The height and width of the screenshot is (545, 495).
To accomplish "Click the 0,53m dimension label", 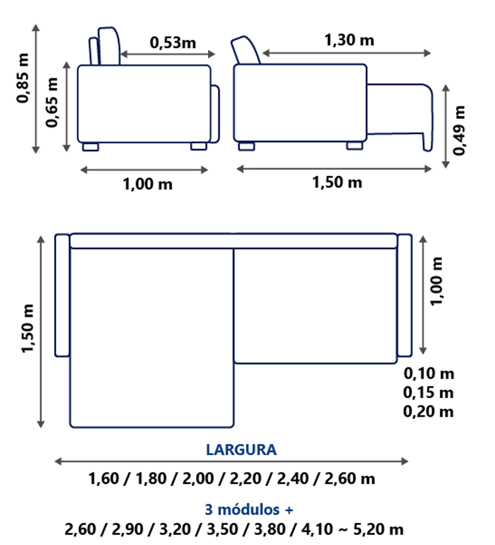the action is (x=173, y=43).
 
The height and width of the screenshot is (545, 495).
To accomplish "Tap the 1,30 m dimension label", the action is (x=349, y=40).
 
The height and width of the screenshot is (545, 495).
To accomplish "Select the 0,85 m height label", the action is (x=23, y=78).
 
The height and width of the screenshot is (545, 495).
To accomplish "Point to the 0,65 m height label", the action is (x=52, y=102).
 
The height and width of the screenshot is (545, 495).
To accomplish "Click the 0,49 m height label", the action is (x=459, y=130).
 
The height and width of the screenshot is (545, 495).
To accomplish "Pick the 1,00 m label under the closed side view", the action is (x=148, y=184).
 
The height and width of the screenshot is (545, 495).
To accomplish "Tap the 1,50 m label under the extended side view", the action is (x=337, y=182).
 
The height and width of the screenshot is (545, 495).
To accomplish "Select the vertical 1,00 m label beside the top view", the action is (x=437, y=282).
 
